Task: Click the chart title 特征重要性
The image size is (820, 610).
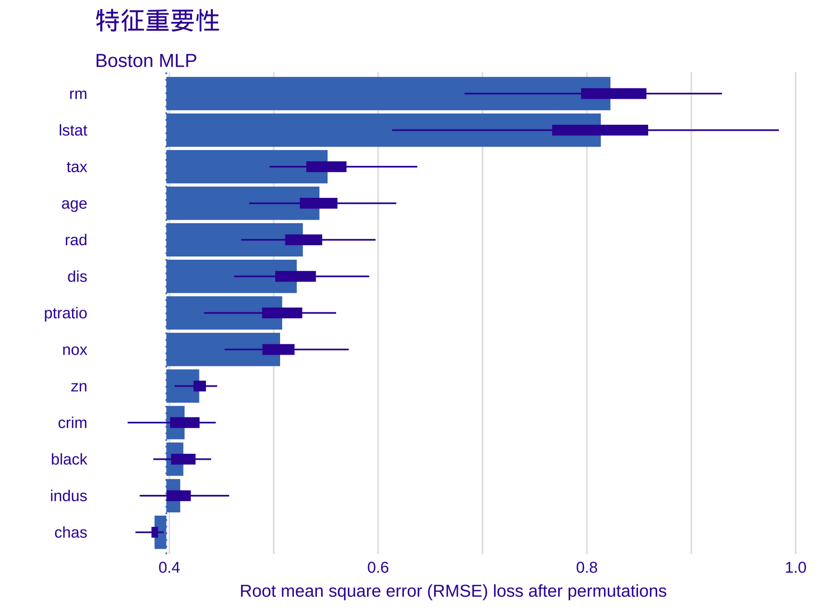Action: (x=157, y=21)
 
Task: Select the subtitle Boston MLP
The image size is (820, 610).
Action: (x=146, y=61)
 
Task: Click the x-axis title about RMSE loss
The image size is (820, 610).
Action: (x=453, y=591)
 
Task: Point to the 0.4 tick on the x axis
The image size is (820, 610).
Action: (x=169, y=567)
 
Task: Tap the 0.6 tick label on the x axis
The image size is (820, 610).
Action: (x=378, y=567)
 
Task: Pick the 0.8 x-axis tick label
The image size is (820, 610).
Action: (x=587, y=567)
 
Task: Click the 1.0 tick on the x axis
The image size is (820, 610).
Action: (x=795, y=567)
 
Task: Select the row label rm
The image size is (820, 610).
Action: (x=78, y=94)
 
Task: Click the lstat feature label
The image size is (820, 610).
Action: (x=73, y=131)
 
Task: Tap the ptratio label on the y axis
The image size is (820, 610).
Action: (x=65, y=313)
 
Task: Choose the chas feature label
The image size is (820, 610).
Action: (x=70, y=533)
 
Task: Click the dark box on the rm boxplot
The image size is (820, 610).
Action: (x=614, y=94)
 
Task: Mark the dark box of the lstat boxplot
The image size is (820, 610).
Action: (x=600, y=130)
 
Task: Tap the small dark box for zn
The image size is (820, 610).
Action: (x=200, y=386)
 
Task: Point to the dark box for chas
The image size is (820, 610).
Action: (x=155, y=532)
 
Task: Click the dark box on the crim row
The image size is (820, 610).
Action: (x=185, y=423)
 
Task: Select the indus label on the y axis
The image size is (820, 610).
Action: (x=68, y=496)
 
